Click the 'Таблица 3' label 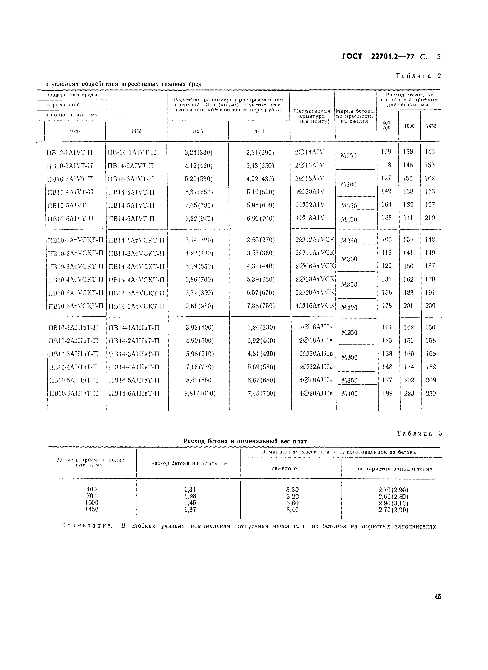tap(419, 434)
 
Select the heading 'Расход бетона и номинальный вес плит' tap(245, 441)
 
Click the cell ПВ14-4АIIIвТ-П tap(134, 367)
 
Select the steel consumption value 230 tap(431, 393)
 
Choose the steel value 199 tap(387, 393)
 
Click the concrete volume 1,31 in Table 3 tap(190, 490)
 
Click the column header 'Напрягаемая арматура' tap(312, 116)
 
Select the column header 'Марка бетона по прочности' tap(355, 116)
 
